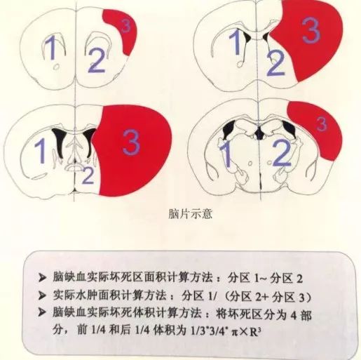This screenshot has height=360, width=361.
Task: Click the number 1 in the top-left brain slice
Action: [x=51, y=48]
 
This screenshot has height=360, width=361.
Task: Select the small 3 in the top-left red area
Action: [x=126, y=26]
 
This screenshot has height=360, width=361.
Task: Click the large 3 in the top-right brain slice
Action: [x=311, y=31]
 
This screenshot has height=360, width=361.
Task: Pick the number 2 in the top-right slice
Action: [x=275, y=63]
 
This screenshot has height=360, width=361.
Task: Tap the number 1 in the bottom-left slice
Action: [x=41, y=151]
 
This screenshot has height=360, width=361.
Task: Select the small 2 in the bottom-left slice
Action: [x=88, y=175]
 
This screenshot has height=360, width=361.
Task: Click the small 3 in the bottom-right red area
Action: [x=322, y=124]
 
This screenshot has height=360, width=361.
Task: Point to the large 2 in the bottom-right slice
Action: [x=282, y=154]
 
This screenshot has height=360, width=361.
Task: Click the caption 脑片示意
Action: [x=190, y=214]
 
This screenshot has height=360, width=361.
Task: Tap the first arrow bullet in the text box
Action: [x=42, y=278]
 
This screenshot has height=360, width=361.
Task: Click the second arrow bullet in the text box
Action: [x=42, y=296]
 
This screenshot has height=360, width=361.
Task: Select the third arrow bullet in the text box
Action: [x=42, y=312]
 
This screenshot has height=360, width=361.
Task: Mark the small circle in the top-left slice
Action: [x=55, y=67]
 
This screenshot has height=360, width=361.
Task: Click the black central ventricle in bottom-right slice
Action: [x=259, y=134]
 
